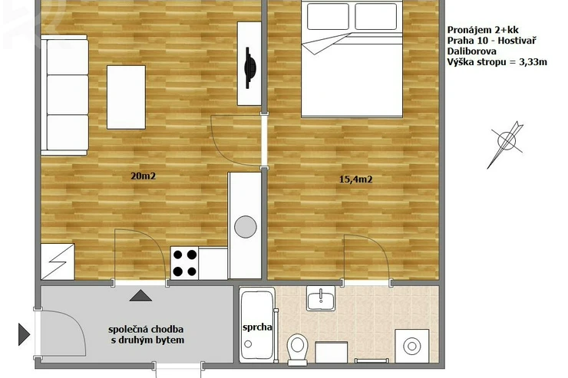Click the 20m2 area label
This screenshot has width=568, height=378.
[143, 176]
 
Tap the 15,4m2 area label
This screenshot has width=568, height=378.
[355, 179]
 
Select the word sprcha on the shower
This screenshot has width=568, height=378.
[257, 327]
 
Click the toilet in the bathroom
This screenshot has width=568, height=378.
[297, 348]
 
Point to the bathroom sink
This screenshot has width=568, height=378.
[321, 298]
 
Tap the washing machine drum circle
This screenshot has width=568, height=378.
[412, 346]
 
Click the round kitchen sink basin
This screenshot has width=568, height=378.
[246, 227]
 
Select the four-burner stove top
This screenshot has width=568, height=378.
[184, 263]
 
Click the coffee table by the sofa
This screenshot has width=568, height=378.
[126, 97]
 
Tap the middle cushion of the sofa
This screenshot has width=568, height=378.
[68, 95]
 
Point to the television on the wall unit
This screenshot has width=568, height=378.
[250, 67]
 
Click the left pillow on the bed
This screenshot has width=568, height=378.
[328, 16]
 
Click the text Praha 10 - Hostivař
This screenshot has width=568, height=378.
[491, 40]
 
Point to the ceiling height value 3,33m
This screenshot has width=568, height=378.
[533, 62]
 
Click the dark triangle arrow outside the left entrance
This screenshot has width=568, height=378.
[24, 334]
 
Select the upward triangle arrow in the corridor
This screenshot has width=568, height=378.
[140, 295]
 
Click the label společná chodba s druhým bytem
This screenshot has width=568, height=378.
[146, 334]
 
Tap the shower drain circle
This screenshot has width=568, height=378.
[248, 344]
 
